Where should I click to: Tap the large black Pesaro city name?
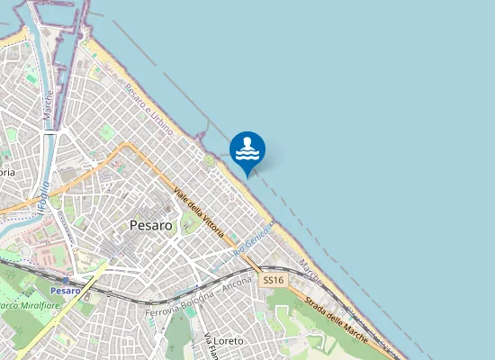150,225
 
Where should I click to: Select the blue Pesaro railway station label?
65,291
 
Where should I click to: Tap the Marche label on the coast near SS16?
311,268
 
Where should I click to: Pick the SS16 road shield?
273,281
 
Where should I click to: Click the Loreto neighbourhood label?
228,342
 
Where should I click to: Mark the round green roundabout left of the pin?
209,160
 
